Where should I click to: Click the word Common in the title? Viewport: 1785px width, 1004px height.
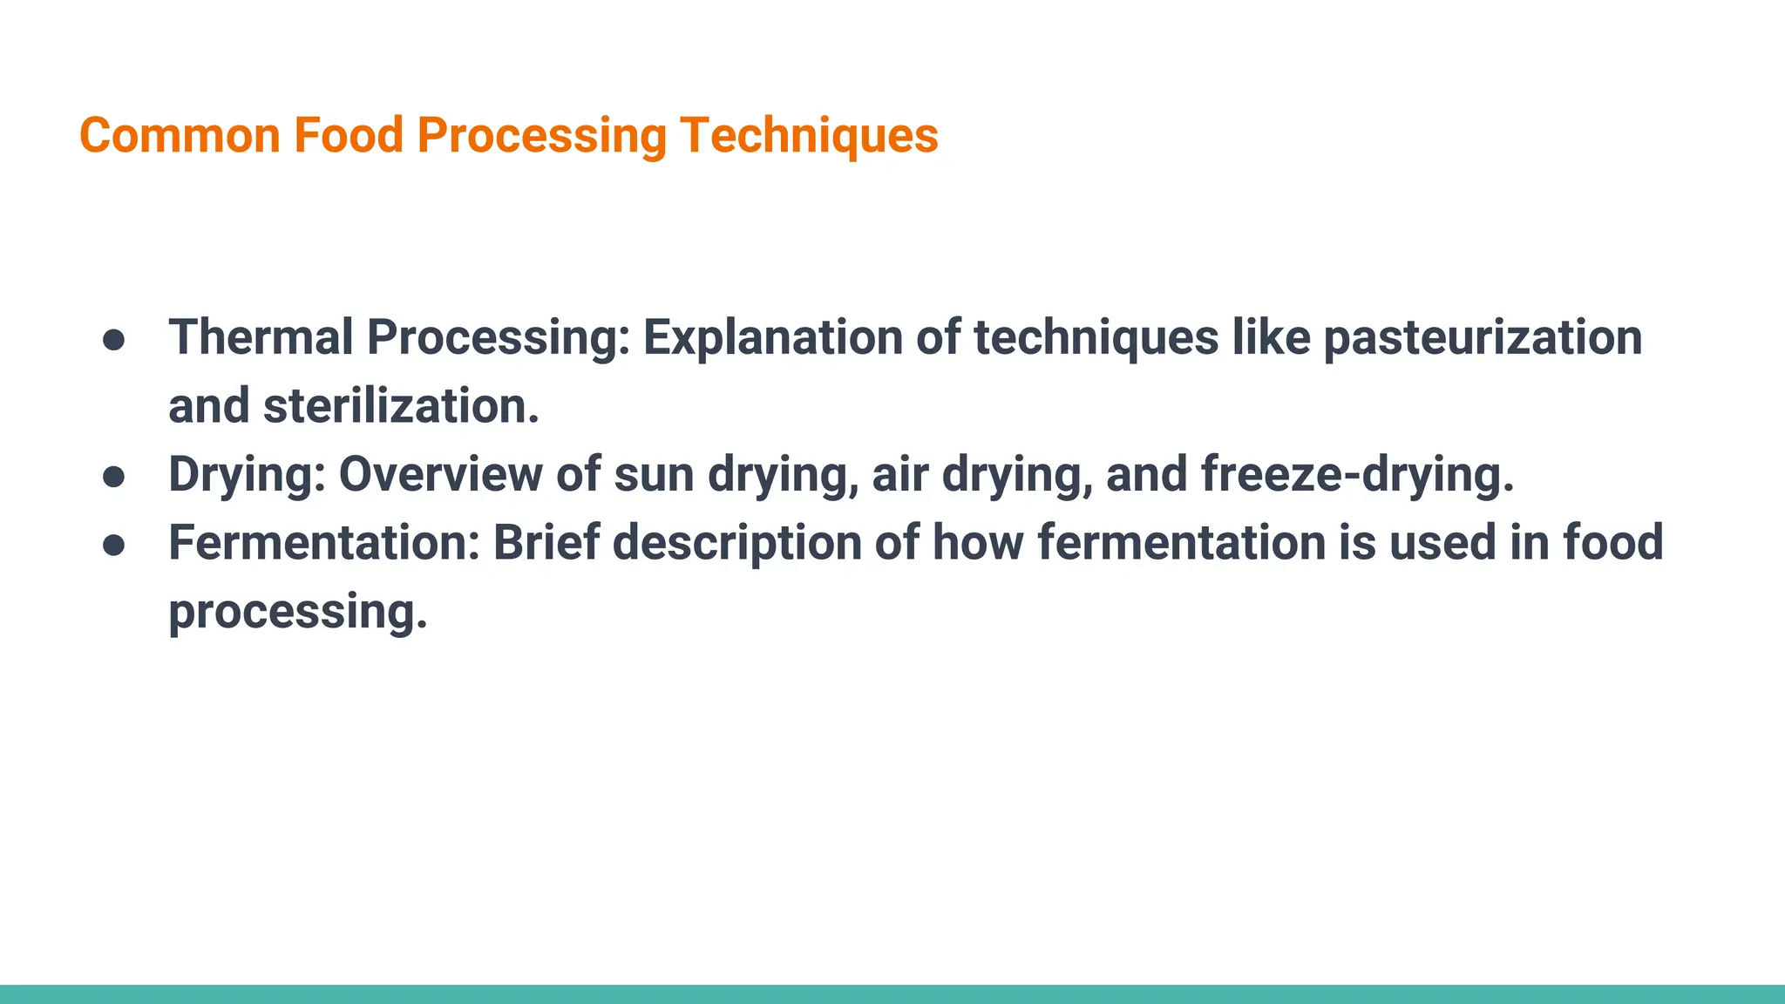[x=180, y=136]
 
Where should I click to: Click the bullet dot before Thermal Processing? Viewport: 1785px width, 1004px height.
[x=114, y=340]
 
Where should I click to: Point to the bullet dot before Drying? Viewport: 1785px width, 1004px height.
[x=114, y=477]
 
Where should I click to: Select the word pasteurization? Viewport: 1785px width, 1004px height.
[x=1482, y=337]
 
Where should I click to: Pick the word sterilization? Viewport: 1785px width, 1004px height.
[x=401, y=406]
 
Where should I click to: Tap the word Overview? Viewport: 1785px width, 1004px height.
[x=440, y=475]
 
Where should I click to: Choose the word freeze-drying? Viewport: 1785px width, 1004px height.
[x=1357, y=475]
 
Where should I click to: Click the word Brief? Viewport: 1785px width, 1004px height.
[x=546, y=543]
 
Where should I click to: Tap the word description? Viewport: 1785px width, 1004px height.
[x=737, y=543]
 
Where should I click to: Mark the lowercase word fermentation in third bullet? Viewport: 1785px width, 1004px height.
[x=1181, y=543]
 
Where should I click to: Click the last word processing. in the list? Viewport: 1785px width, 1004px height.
[x=297, y=612]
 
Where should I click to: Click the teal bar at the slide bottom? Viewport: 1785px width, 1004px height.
[x=892, y=994]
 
